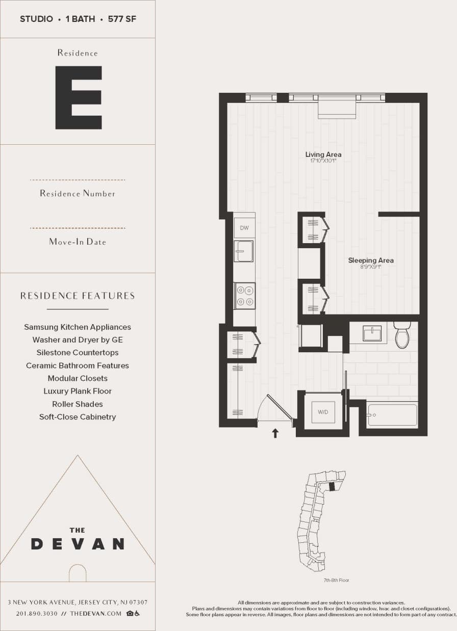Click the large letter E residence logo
(79, 97)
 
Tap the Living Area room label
(323, 154)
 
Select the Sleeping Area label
(371, 260)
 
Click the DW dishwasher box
(244, 228)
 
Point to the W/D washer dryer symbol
(323, 412)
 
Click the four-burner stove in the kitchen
(245, 296)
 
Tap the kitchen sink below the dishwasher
(244, 251)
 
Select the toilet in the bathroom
(402, 335)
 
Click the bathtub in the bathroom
(392, 415)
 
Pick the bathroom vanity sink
(372, 334)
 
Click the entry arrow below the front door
(275, 433)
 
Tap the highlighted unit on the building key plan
(332, 487)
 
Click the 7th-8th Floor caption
(337, 580)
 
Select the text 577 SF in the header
(122, 19)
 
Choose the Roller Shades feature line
(78, 404)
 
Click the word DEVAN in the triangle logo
(78, 544)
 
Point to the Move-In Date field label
(78, 242)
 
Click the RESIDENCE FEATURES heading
(78, 296)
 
